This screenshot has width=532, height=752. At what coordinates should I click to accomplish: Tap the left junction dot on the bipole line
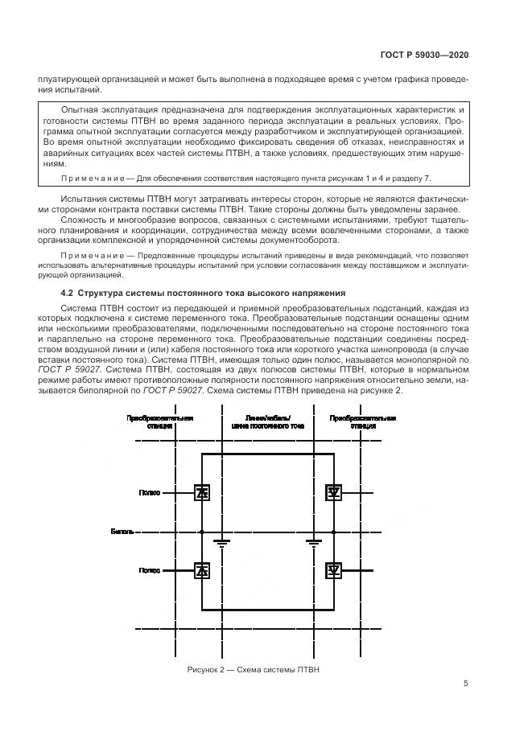tap(201, 532)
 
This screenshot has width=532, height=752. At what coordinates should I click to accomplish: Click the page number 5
tap(466, 684)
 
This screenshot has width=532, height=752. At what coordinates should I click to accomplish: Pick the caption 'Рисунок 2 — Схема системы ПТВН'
tap(254, 670)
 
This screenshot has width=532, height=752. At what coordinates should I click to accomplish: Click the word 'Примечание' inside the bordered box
tap(86, 177)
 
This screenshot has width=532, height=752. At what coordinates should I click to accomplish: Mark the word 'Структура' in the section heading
tap(103, 294)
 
